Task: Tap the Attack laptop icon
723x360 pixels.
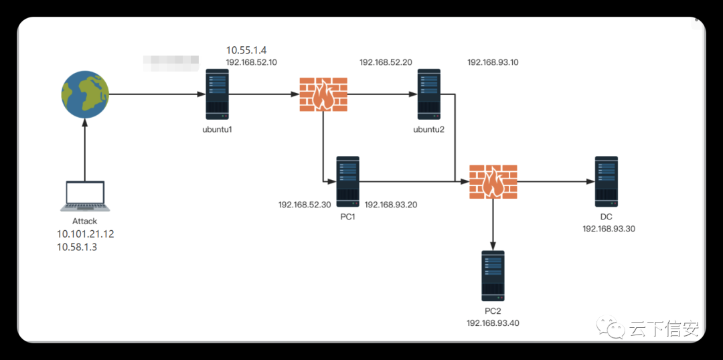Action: [84, 197]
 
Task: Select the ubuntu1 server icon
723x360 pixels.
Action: [218, 95]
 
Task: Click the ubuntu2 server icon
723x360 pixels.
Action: [429, 94]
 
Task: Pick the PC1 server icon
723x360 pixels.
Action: [347, 181]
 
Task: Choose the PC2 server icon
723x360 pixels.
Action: [493, 276]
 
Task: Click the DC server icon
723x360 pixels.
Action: [607, 181]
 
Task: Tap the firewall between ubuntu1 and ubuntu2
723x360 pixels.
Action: [323, 95]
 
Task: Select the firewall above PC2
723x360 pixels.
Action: [493, 181]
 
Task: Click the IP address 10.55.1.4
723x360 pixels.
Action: [246, 50]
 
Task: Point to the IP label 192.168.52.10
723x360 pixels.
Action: [252, 62]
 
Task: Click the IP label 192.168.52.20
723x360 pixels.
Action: [386, 62]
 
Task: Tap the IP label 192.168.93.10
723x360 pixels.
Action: [493, 62]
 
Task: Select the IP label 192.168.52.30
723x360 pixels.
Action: [305, 205]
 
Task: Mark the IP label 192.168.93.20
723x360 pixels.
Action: [391, 205]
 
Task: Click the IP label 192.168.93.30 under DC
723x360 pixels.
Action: [609, 229]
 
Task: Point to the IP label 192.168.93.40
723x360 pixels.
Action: [493, 323]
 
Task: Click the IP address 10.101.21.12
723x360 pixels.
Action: [86, 234]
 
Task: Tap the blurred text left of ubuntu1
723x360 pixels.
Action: [171, 63]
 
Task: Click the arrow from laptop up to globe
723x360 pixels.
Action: [85, 151]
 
